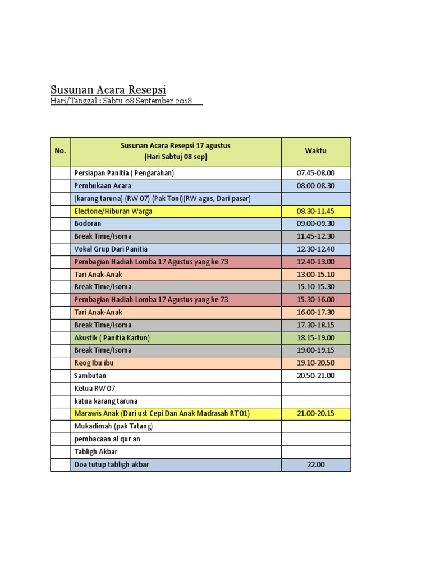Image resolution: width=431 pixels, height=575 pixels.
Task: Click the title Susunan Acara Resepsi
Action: point(108,90)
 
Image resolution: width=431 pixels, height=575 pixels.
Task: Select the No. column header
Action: point(60,151)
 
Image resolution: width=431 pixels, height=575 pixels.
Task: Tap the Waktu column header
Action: point(315,151)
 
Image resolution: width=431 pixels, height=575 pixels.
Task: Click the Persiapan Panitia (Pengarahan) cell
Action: point(124,173)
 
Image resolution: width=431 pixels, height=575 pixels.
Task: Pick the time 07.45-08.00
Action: point(315,173)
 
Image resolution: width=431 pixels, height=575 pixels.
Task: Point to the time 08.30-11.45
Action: point(315,211)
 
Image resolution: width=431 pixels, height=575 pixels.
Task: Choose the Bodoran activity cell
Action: point(88,223)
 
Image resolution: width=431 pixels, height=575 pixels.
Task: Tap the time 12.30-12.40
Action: point(315,249)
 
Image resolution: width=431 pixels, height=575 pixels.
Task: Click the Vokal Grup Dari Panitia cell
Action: point(111,249)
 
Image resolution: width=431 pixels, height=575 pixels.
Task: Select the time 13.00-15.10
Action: point(315,274)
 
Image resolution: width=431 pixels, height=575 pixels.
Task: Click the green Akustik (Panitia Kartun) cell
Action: point(112,337)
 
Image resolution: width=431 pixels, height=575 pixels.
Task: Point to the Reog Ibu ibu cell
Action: point(94,363)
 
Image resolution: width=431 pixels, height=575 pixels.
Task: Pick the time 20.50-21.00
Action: point(315,376)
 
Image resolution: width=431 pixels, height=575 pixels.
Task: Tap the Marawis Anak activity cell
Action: point(162,414)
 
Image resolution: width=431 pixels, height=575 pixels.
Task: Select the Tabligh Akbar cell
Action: point(95,451)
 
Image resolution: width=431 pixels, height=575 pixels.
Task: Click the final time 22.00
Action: point(315,464)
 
